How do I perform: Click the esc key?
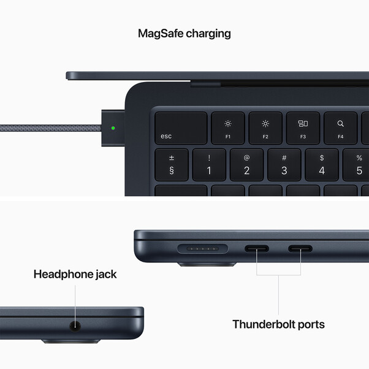(180, 128)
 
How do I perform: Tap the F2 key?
(265, 128)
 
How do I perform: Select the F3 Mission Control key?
(303, 128)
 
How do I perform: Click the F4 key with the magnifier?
(340, 128)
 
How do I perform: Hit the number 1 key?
(209, 164)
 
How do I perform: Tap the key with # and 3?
(284, 164)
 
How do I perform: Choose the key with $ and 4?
(322, 164)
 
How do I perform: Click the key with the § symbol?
(171, 164)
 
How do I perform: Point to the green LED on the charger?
(113, 129)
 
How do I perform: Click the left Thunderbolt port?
(256, 249)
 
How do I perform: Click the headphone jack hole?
(76, 325)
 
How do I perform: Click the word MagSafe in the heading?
(161, 33)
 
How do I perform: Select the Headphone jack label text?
(75, 274)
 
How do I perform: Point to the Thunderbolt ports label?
(278, 324)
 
